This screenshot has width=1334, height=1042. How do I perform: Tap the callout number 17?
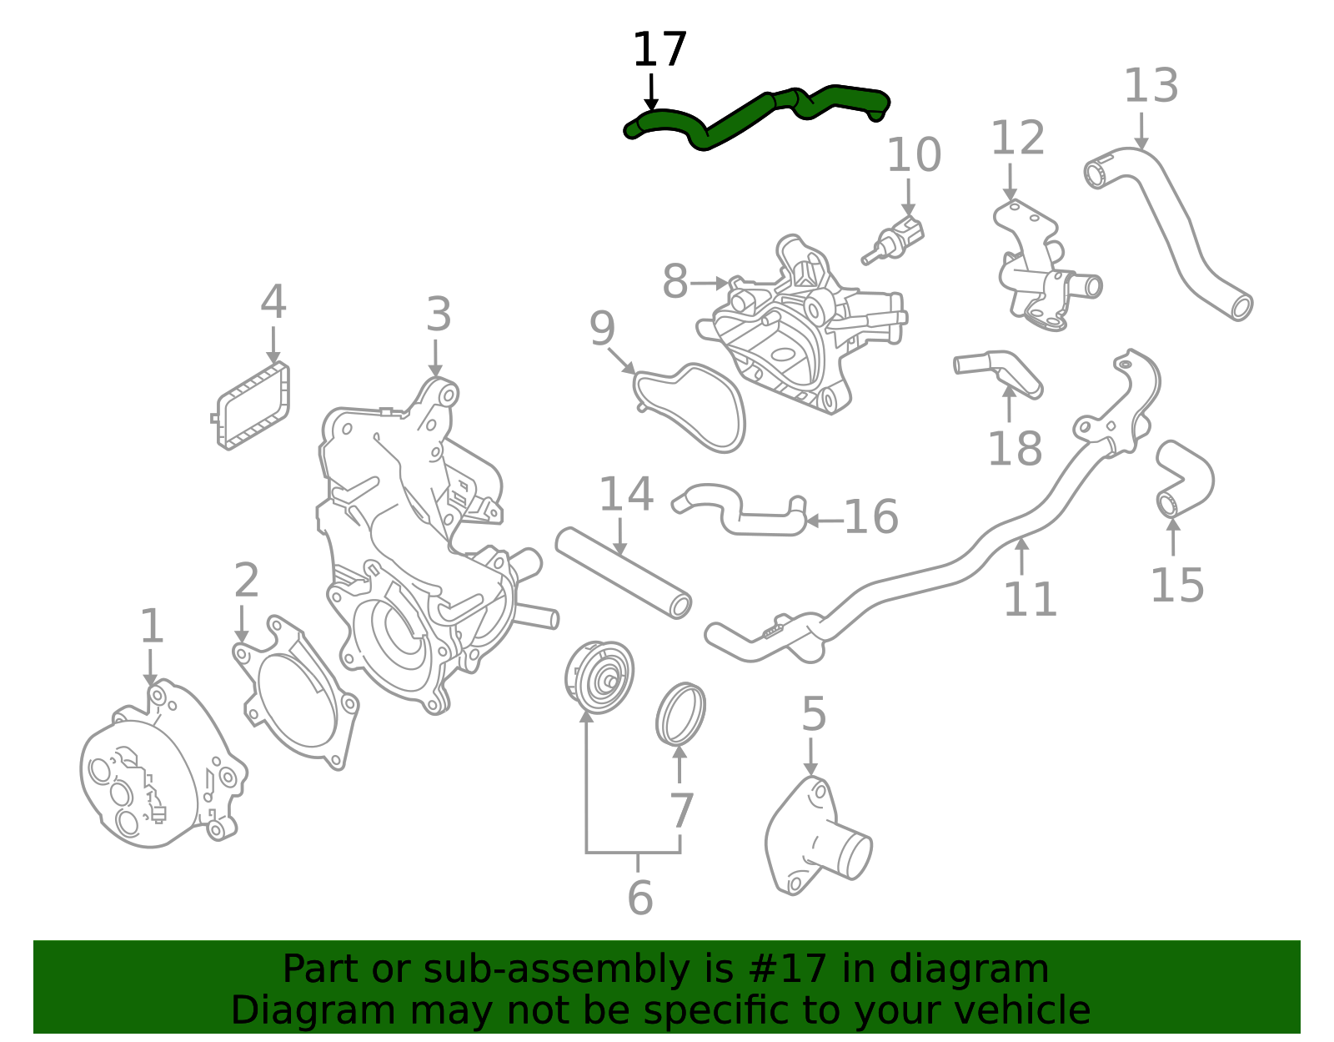coord(659,50)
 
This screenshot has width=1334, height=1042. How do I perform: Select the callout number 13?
coord(1151,86)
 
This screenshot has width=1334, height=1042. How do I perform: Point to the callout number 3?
coord(439,315)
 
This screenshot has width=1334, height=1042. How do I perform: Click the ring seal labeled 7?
coord(681,713)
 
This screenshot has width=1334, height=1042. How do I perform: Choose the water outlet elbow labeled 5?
coord(813,838)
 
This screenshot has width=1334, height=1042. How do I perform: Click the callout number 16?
coord(870,517)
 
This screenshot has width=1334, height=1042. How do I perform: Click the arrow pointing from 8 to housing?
coord(710,284)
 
